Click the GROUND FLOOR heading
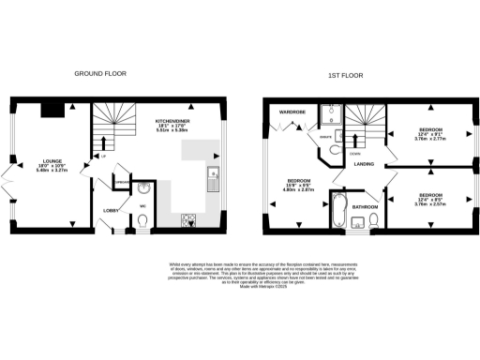click(101, 73)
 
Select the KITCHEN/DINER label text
click(174, 123)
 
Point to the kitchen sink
click(213, 172)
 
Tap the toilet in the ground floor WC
click(141, 219)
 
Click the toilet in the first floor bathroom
click(373, 219)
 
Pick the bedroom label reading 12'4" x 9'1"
click(431, 132)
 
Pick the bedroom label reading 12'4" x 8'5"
click(431, 197)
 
